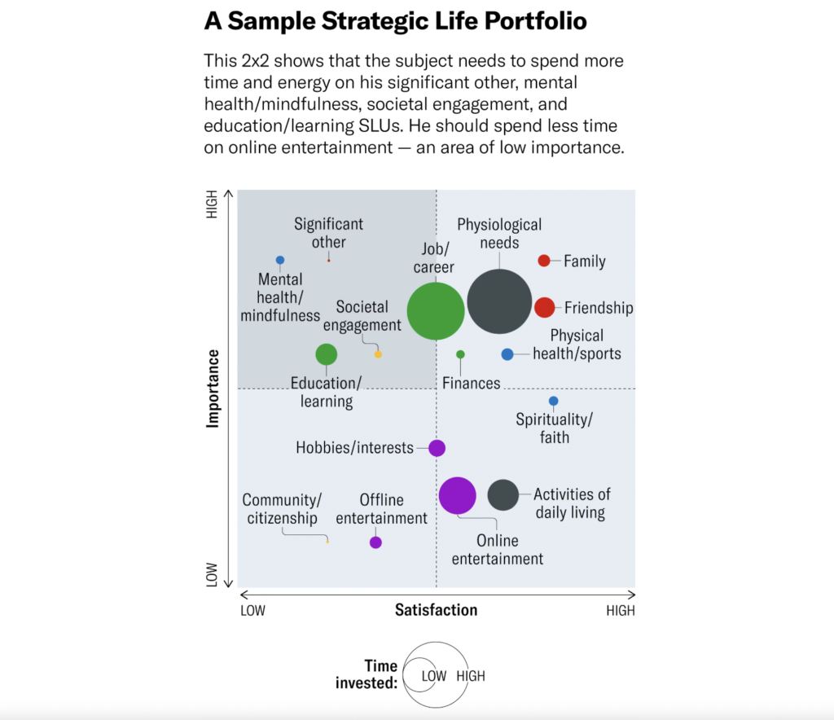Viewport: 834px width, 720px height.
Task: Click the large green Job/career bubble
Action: click(x=436, y=310)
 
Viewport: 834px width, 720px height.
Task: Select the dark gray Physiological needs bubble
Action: click(x=499, y=301)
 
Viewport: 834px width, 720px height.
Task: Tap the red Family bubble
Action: click(x=544, y=261)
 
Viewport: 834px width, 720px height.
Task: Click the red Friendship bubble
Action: click(x=544, y=307)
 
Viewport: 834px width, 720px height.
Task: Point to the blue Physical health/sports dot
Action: click(x=507, y=354)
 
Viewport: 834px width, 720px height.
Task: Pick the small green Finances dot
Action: click(x=460, y=354)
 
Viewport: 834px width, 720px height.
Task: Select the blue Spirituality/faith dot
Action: click(x=553, y=401)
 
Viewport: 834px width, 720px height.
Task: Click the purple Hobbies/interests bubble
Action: click(x=437, y=448)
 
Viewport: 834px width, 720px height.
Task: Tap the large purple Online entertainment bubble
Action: click(x=457, y=495)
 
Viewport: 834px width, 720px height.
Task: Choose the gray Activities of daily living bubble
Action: click(x=503, y=494)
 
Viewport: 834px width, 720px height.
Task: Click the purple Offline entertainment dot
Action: click(x=375, y=542)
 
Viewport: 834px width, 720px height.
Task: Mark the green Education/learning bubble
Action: click(x=327, y=354)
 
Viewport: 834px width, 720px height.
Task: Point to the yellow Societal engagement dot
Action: click(x=378, y=354)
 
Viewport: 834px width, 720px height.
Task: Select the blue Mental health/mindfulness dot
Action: click(x=280, y=261)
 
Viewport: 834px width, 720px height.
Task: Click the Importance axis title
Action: click(x=213, y=389)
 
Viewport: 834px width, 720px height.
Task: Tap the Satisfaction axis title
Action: click(x=436, y=609)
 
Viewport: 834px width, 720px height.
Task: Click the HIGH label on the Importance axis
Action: click(x=213, y=204)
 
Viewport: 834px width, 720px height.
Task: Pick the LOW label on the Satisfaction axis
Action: click(x=252, y=611)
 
